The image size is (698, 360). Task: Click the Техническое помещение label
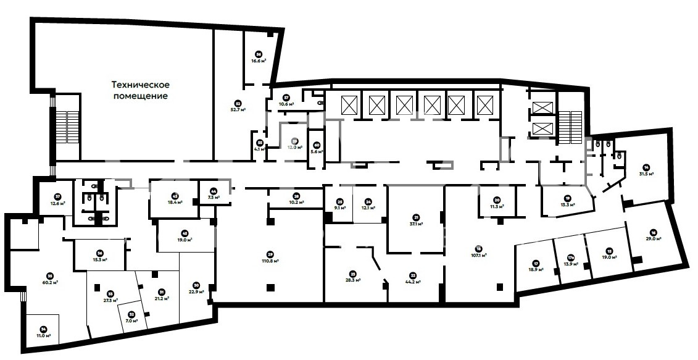(140, 90)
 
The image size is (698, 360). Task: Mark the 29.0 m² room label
(654, 235)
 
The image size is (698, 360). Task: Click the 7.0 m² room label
(131, 318)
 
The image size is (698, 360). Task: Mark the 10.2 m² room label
(296, 199)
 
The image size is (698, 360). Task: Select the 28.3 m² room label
(352, 277)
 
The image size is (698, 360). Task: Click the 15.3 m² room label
(99, 255)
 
